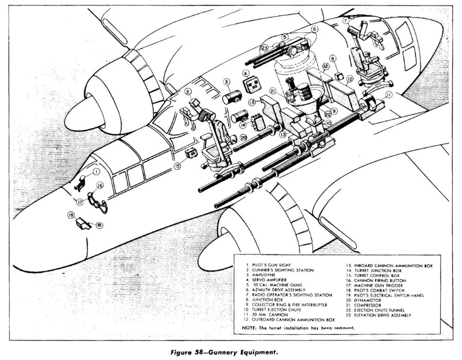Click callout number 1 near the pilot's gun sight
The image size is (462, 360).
tap(97, 171)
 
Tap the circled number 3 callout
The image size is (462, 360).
tap(227, 81)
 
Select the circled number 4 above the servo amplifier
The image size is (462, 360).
tap(246, 73)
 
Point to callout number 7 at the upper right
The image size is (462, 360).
tap(345, 20)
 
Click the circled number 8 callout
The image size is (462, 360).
tap(333, 58)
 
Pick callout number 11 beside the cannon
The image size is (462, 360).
tap(388, 94)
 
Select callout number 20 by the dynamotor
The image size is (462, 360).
tap(243, 138)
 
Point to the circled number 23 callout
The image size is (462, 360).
tap(265, 48)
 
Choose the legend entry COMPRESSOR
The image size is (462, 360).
tap(367, 304)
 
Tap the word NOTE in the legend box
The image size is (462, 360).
tap(248, 328)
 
